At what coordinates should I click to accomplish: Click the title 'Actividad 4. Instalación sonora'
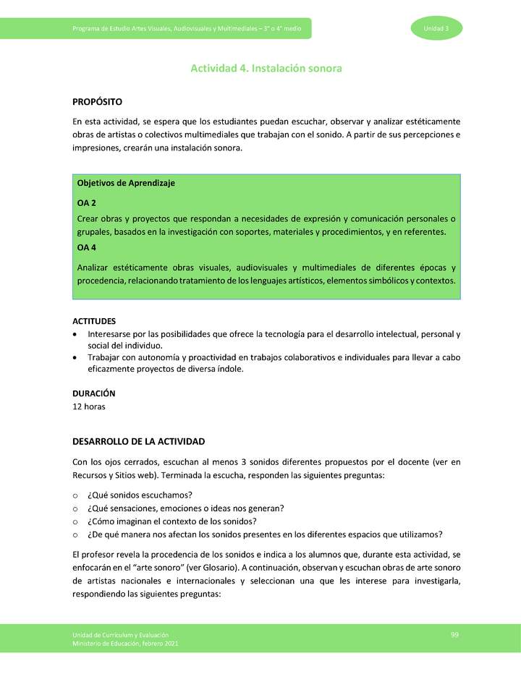point(266,69)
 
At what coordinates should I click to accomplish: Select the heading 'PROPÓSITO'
point(97,102)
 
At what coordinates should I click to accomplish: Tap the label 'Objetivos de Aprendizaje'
point(126,183)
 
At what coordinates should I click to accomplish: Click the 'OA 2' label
point(87,203)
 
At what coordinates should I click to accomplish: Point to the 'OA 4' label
point(87,248)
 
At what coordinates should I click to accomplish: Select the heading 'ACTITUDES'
point(94,321)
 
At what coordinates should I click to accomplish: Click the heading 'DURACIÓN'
point(93,393)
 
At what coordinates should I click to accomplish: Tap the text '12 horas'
point(89,406)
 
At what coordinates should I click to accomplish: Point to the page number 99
point(454,634)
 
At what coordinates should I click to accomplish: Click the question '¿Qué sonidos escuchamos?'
point(139,495)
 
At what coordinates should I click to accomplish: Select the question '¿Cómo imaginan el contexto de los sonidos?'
point(171,521)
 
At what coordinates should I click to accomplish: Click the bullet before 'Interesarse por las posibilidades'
point(76,335)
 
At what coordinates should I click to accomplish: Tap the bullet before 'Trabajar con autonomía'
point(76,358)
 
